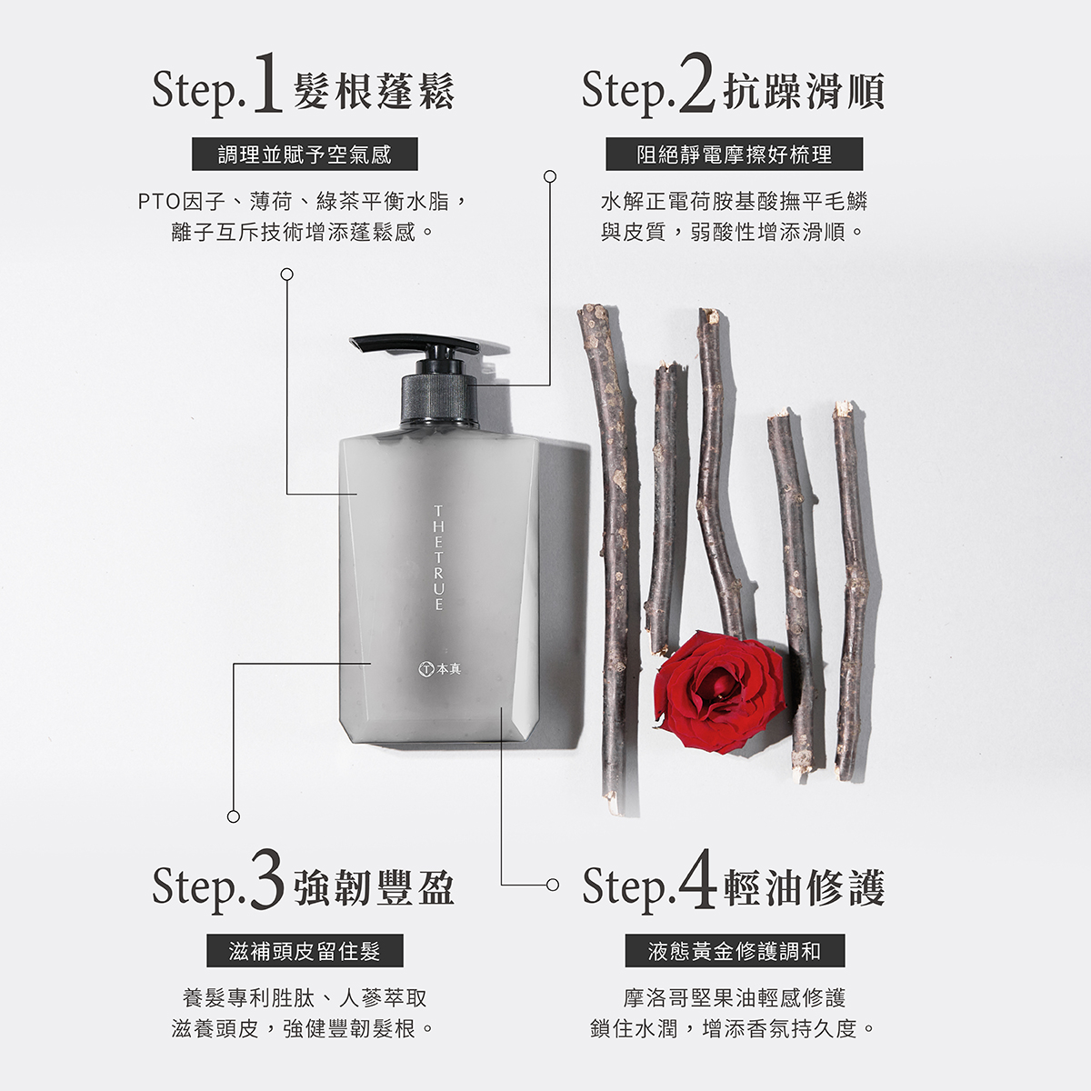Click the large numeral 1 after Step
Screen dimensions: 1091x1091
click(x=268, y=84)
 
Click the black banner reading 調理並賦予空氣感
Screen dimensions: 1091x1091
click(x=305, y=154)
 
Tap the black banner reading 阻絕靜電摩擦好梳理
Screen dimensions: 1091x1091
click(x=735, y=154)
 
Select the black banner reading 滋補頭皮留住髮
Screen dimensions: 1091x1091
click(x=305, y=951)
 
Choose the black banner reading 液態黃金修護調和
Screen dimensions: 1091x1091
click(x=735, y=951)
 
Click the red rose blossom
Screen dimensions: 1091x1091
click(x=720, y=692)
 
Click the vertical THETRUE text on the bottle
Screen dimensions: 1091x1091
click(x=438, y=558)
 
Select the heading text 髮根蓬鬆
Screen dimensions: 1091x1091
click(x=374, y=92)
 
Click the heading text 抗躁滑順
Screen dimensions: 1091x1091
click(x=804, y=92)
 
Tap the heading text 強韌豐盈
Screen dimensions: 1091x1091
click(x=374, y=887)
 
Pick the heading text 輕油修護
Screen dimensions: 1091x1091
click(x=804, y=887)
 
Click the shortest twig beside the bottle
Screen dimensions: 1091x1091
click(x=663, y=509)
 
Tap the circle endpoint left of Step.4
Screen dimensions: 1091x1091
click(x=552, y=885)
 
